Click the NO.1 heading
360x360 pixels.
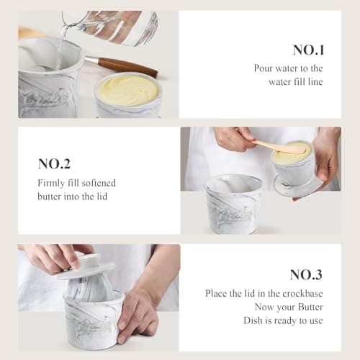pos(308,50)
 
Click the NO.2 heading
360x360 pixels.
pos(54,163)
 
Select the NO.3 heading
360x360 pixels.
pos(306,274)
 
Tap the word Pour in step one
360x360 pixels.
pos(264,68)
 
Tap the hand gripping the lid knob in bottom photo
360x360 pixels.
pos(52,257)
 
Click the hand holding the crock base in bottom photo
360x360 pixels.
pos(137,313)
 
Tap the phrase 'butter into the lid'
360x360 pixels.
pos(72,197)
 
